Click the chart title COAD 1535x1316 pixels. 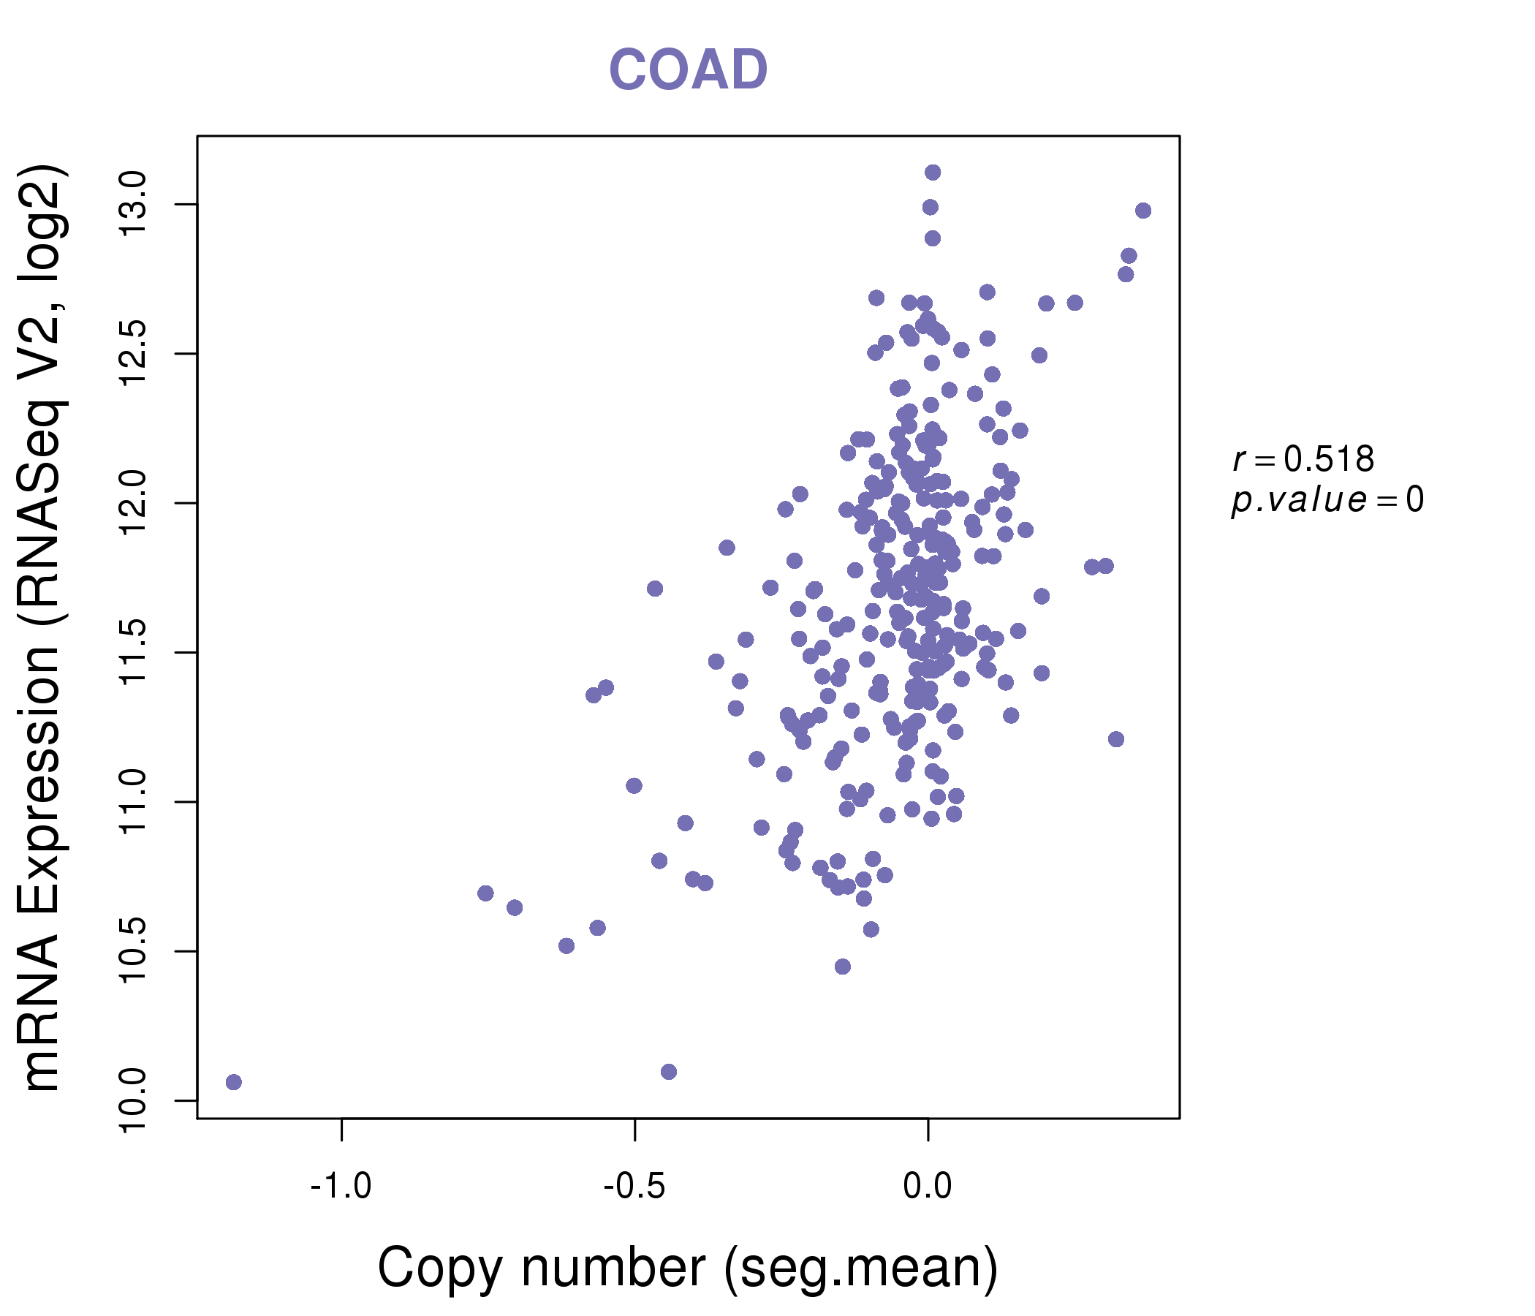click(x=688, y=70)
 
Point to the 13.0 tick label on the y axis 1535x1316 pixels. click(x=134, y=205)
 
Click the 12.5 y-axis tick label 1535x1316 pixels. click(x=134, y=354)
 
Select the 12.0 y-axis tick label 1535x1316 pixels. click(x=134, y=504)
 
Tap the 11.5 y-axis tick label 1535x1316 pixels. click(x=134, y=653)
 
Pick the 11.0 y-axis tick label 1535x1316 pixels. click(x=134, y=803)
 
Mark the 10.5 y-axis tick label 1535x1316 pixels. click(x=134, y=951)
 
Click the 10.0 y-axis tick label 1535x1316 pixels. click(x=134, y=1101)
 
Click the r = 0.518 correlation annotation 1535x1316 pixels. click(x=1303, y=459)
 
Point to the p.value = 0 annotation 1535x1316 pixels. click(x=1327, y=500)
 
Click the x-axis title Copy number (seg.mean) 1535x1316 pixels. click(x=688, y=1268)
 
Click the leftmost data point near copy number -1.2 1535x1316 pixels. click(x=233, y=1083)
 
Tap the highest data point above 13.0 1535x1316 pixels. click(x=933, y=173)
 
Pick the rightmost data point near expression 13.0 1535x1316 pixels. click(x=1143, y=211)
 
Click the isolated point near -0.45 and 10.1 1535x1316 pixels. click(x=668, y=1072)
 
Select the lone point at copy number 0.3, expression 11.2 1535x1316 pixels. click(x=1115, y=738)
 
